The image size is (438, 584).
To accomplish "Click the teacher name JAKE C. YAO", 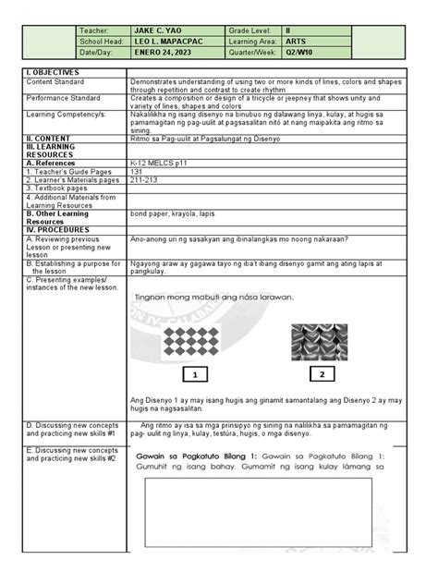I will point(158,30).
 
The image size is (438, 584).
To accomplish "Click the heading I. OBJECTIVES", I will point(54,72).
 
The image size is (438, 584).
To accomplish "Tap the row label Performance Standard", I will point(64,96).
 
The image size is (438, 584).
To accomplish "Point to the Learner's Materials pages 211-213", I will point(144,179).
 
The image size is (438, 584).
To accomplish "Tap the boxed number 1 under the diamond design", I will point(196,374).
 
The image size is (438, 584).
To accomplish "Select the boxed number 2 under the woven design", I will point(322,374).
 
